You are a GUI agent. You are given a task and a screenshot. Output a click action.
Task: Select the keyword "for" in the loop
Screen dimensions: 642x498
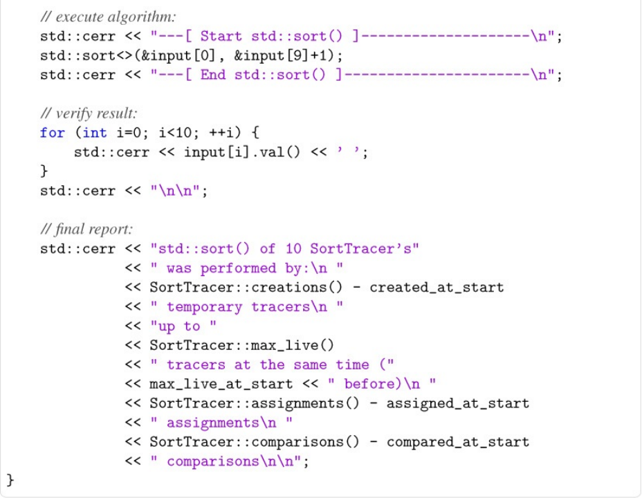(53, 133)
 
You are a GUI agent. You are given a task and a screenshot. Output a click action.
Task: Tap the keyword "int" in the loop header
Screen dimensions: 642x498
(95, 133)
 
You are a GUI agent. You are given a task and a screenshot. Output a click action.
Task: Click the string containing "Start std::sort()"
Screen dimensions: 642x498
(356, 36)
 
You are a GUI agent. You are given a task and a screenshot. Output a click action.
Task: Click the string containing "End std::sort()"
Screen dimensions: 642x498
(356, 75)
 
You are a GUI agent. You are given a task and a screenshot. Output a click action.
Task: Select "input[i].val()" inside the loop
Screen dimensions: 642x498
(242, 152)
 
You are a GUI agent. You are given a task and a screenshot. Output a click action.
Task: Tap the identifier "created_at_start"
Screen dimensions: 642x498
(437, 288)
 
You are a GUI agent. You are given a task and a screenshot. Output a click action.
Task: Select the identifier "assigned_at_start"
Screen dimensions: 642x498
(457, 404)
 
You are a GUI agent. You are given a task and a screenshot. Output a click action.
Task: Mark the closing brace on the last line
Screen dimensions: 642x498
(10, 479)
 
